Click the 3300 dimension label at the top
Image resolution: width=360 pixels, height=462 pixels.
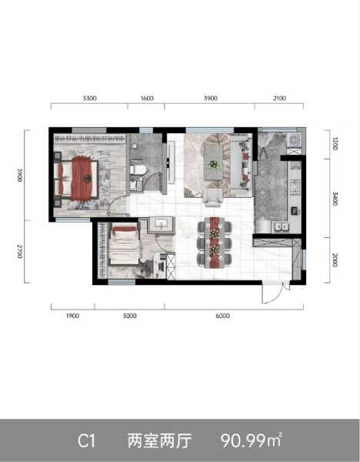(89, 99)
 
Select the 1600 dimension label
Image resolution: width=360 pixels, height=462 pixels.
(148, 99)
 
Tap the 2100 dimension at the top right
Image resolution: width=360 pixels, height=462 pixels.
(279, 99)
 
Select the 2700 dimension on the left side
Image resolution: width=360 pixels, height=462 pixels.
(25, 252)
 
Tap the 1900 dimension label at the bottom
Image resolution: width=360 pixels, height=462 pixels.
(73, 316)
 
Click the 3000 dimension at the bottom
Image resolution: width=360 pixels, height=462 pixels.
(129, 316)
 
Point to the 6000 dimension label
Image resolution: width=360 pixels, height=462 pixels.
(222, 316)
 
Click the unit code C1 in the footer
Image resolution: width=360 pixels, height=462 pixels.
(86, 441)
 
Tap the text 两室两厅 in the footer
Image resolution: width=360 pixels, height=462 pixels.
(158, 441)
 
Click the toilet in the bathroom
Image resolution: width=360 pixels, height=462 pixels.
(139, 168)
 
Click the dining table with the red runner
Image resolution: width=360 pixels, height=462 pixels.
(215, 239)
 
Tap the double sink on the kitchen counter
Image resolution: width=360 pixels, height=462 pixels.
(280, 227)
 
